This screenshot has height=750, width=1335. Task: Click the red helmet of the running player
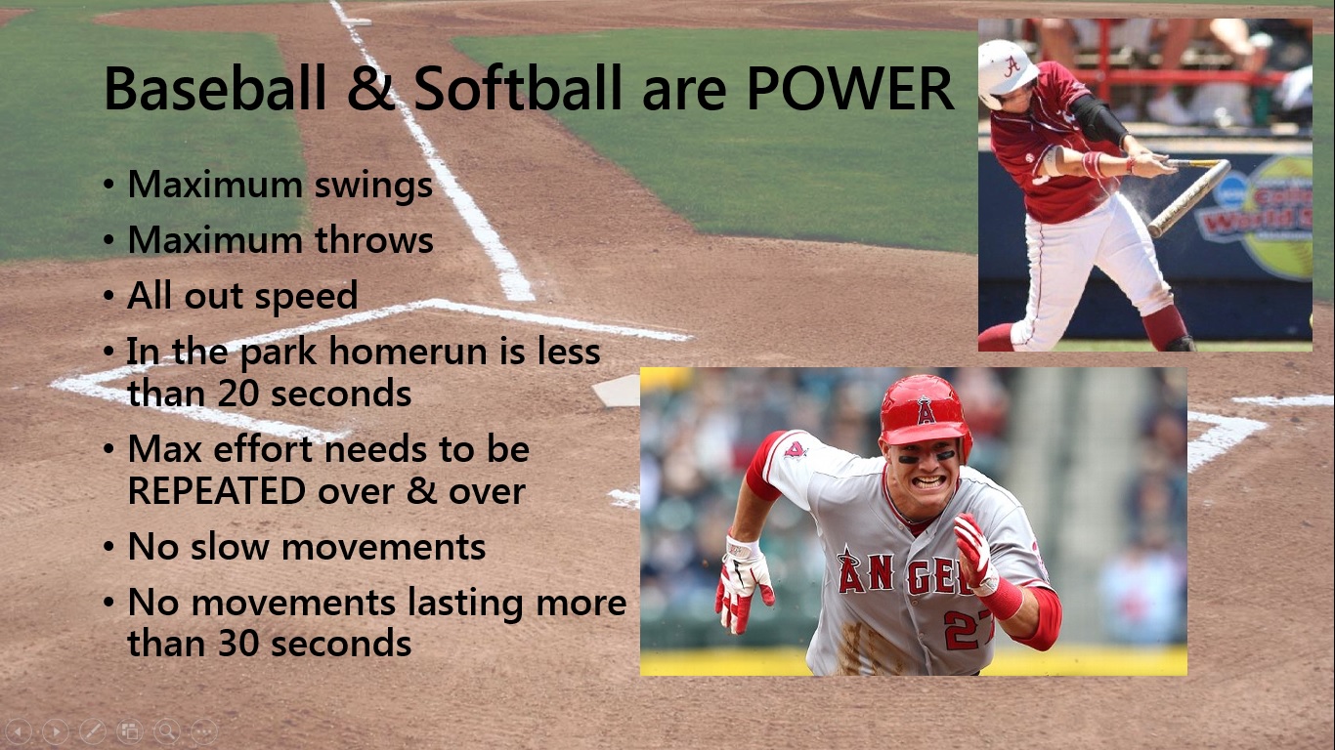pyautogui.click(x=923, y=408)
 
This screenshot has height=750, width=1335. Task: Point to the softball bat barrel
pyautogui.click(x=1188, y=200)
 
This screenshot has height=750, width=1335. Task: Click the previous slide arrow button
pyautogui.click(x=20, y=730)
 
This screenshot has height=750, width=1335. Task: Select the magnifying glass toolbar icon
pyautogui.click(x=166, y=730)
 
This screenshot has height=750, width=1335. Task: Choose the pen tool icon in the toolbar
pyautogui.click(x=92, y=730)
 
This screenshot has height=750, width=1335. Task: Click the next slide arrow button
pyautogui.click(x=56, y=730)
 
